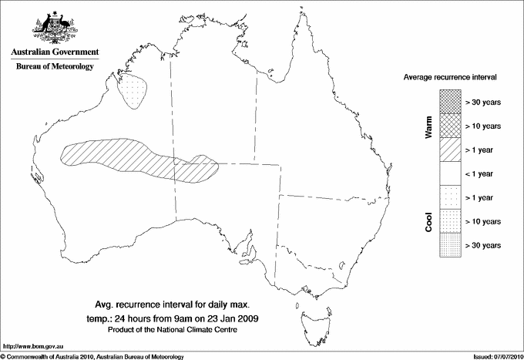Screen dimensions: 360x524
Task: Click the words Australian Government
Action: coord(54,52)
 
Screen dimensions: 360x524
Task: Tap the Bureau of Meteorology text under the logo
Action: coord(54,67)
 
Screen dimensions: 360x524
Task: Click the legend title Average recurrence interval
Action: coord(451,78)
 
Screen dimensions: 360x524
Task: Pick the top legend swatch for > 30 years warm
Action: coord(451,101)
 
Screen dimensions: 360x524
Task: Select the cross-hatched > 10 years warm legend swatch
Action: coord(451,125)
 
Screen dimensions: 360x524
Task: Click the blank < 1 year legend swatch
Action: coord(451,173)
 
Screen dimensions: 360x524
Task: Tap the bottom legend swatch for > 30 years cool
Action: coord(451,245)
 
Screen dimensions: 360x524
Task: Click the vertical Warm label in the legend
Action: coord(428,127)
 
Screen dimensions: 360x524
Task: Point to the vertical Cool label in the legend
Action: coord(428,221)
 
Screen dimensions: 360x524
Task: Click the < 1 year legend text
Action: coord(483,173)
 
